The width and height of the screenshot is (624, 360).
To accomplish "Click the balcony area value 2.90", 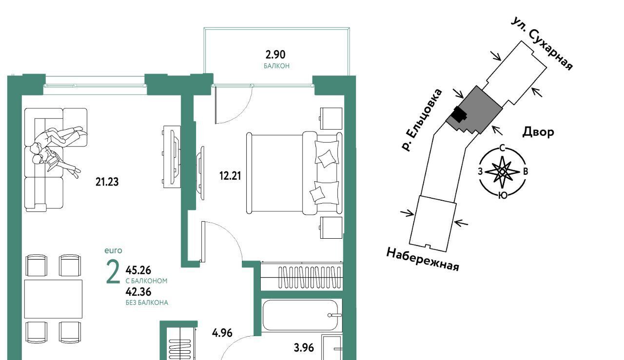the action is (275, 55).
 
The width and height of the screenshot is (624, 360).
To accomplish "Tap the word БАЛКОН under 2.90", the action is (276, 66).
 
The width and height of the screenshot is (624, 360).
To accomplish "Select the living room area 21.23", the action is (107, 182).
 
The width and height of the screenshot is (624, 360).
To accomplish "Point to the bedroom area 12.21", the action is (230, 176).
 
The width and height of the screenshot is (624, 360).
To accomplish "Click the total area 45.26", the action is (138, 270).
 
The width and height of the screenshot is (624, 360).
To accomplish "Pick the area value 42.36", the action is (138, 292).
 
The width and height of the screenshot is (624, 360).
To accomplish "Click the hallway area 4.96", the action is (222, 333).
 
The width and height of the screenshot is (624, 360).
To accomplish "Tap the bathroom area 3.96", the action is (304, 348).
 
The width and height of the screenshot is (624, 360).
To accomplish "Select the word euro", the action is (113, 251).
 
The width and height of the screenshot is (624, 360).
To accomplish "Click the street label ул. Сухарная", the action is (542, 44).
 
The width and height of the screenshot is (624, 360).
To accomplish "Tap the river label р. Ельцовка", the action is (422, 120).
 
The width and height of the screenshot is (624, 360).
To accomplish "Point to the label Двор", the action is (538, 132).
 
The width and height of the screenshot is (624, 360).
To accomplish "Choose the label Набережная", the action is (423, 260).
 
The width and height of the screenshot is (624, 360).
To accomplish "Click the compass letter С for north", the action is (502, 148).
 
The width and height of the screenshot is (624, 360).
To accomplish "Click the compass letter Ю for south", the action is (502, 195).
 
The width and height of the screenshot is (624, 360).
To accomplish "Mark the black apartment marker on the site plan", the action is (459, 114).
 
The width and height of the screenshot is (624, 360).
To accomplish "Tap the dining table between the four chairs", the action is (53, 299).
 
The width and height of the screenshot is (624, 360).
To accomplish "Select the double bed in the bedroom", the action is (294, 173).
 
